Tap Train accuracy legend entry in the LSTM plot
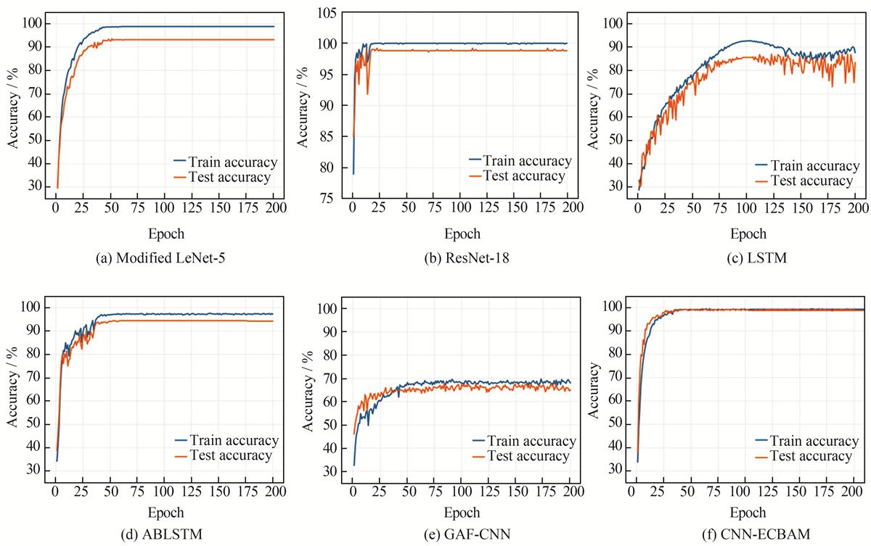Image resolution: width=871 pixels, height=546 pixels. coord(804,167)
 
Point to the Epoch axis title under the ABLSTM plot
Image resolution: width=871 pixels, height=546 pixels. coord(165,513)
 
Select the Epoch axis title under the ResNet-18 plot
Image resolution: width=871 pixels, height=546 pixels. coord(462,233)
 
